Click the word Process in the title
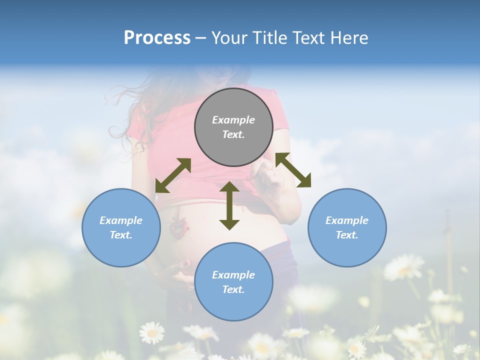tap(157, 37)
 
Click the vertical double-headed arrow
tap(229, 205)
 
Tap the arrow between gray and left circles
tap(173, 175)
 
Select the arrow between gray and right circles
tap(293, 170)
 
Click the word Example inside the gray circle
tap(233, 120)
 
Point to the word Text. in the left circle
tap(121, 235)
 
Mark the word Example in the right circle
tap(347, 220)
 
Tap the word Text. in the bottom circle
tap(233, 289)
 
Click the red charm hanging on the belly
tap(176, 226)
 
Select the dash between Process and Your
tap(200, 38)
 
